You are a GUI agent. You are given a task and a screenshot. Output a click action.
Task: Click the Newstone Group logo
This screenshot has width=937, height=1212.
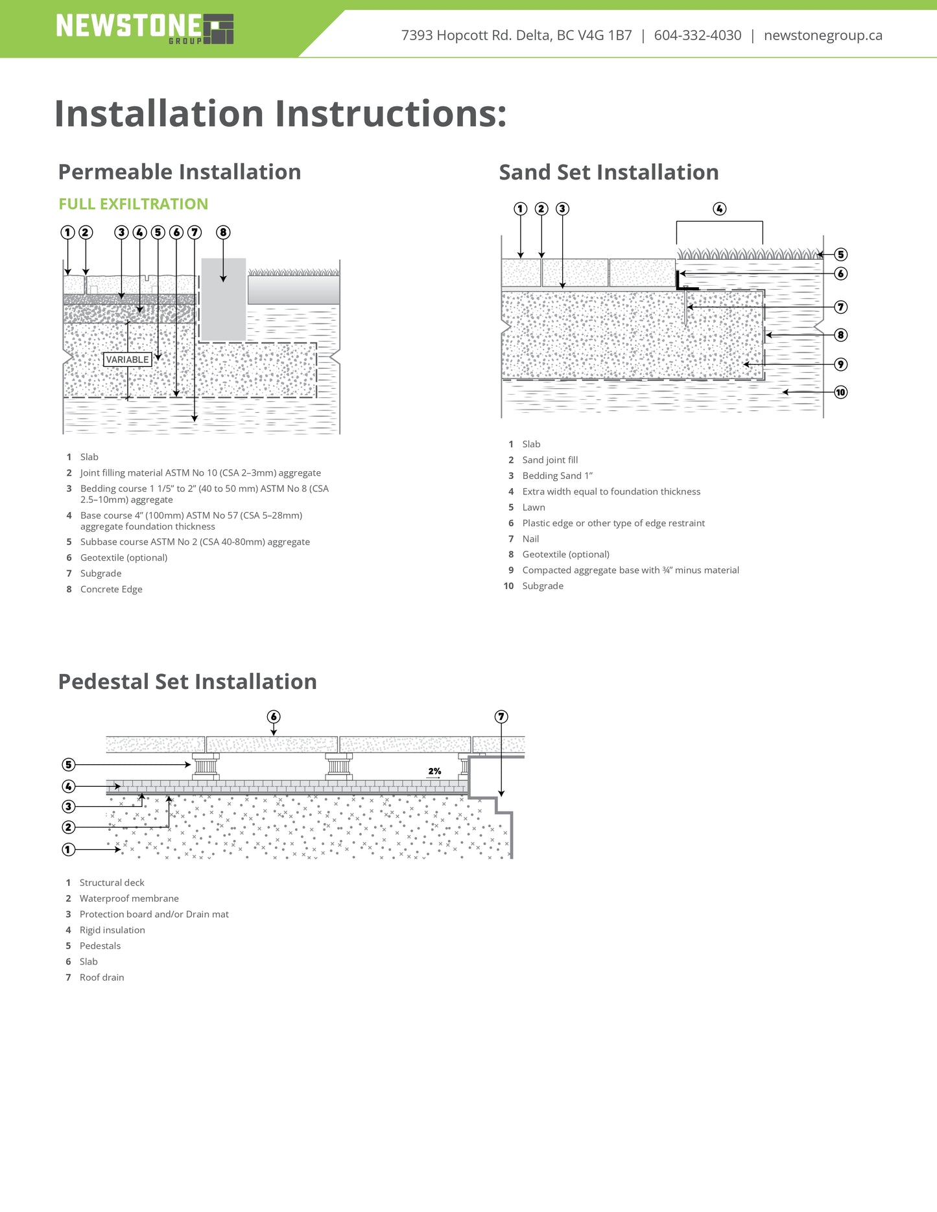click(x=145, y=29)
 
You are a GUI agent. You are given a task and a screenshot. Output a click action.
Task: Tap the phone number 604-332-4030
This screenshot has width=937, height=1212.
click(x=697, y=36)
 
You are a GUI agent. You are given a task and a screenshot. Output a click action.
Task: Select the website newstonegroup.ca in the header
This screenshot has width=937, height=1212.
click(x=823, y=36)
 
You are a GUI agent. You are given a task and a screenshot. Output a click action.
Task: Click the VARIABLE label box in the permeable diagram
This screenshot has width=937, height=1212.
click(x=128, y=360)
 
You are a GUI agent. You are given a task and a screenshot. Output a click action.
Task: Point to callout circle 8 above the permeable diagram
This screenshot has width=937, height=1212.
click(x=223, y=232)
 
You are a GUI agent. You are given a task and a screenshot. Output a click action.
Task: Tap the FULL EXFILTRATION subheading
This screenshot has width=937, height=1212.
click(x=133, y=204)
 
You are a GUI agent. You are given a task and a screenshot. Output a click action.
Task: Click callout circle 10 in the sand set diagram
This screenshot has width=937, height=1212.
click(x=840, y=392)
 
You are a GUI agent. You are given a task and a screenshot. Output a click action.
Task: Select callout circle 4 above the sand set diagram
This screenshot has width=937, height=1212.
click(x=719, y=209)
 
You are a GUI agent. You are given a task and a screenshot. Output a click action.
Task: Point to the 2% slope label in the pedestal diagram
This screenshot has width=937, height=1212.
click(x=434, y=771)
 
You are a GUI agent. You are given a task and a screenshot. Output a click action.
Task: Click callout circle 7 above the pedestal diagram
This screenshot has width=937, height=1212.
click(x=501, y=717)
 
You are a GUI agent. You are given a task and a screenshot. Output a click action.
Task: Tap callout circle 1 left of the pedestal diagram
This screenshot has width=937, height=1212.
click(x=69, y=849)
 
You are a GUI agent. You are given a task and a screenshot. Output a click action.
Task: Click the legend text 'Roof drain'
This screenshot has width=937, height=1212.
click(x=102, y=977)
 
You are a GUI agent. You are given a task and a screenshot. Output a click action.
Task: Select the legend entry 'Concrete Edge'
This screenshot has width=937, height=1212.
click(x=111, y=589)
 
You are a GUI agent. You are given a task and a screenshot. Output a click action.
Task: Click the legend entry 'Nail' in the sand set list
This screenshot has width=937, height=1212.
click(x=530, y=539)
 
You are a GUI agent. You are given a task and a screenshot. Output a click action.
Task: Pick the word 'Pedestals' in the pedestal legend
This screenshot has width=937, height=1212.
click(x=100, y=946)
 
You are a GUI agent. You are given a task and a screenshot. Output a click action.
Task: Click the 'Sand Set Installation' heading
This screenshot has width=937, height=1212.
click(x=608, y=172)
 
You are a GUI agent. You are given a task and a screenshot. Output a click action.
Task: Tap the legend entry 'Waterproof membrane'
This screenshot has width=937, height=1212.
click(x=129, y=898)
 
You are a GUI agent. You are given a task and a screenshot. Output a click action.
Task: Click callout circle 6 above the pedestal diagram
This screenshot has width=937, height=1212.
click(x=274, y=717)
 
